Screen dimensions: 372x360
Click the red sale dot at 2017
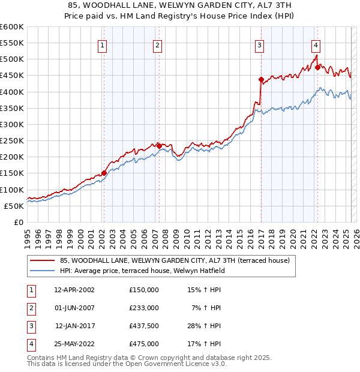260,79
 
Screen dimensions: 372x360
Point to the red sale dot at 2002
104,173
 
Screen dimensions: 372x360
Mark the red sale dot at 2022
317,67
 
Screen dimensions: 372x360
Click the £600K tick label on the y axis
12,27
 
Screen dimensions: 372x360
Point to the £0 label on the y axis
18,222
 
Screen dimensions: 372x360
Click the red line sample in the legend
43,260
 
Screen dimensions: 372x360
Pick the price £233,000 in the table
144,308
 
